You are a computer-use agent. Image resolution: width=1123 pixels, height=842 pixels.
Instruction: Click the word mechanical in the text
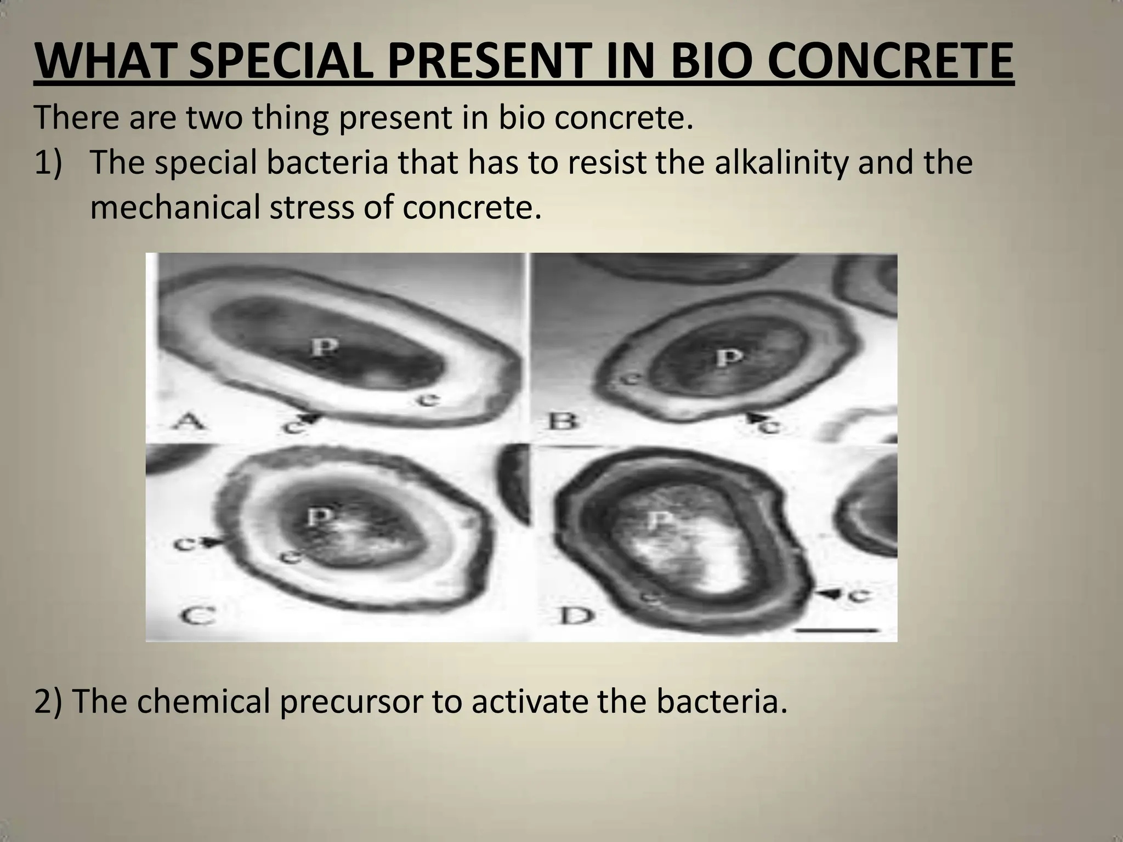(175, 208)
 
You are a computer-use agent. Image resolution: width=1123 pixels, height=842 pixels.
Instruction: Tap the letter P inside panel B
(729, 357)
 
